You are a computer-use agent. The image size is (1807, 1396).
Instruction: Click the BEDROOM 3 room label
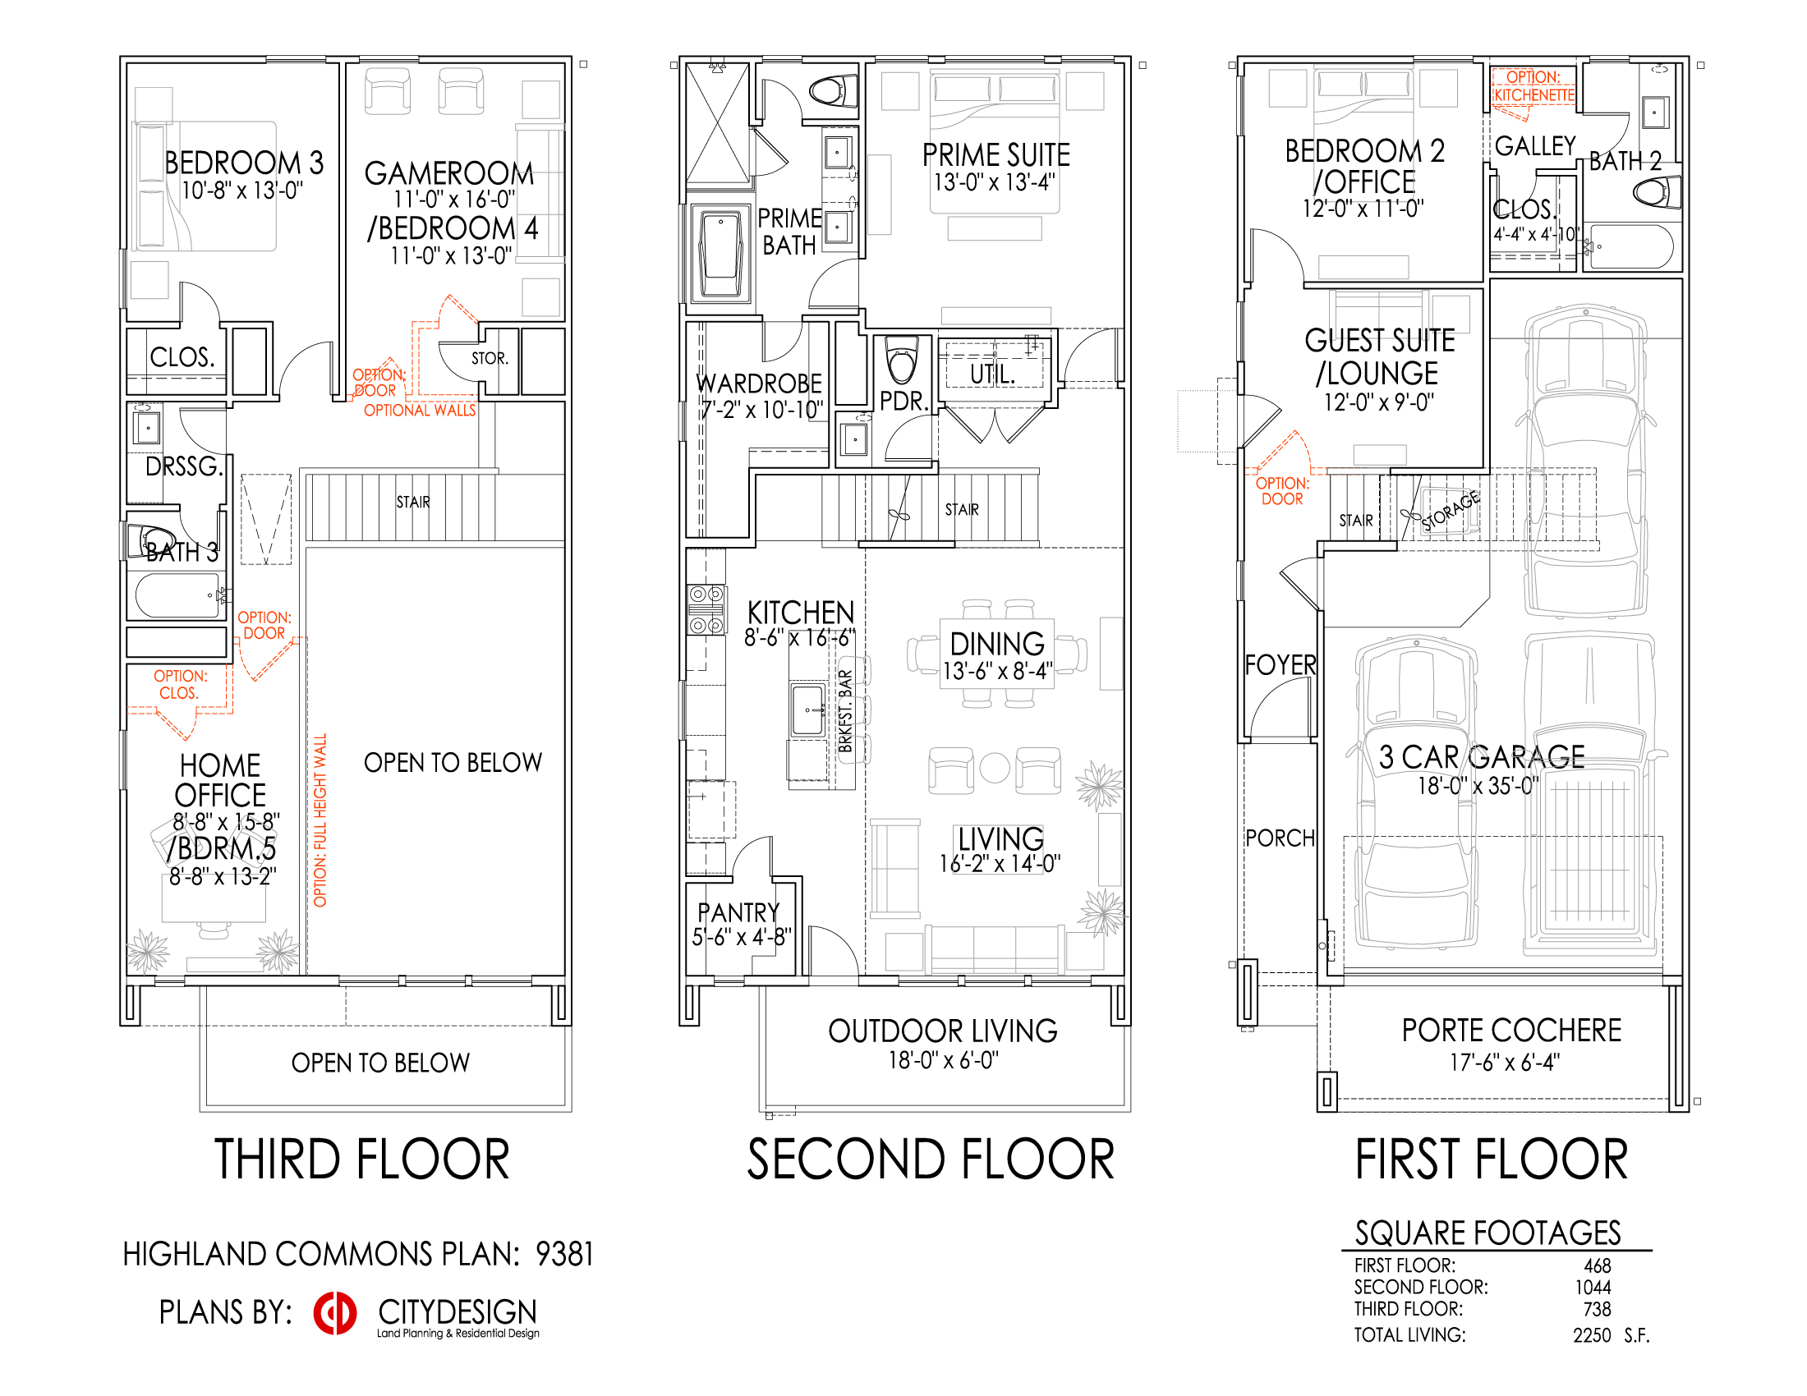(244, 163)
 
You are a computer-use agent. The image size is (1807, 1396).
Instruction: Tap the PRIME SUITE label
(996, 155)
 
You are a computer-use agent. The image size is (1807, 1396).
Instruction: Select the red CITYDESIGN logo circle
(335, 1313)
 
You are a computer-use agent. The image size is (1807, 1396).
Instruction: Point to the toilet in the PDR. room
(902, 357)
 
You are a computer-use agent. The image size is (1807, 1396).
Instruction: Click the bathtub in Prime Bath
(720, 254)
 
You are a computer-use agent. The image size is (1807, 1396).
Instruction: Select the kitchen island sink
(808, 709)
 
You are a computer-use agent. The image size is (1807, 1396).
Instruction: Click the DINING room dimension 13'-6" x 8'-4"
(998, 671)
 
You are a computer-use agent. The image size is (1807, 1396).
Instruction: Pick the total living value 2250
(1592, 1335)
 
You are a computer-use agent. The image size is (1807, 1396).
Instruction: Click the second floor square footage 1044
(1593, 1288)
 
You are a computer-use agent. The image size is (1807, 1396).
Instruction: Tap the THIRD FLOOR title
(362, 1160)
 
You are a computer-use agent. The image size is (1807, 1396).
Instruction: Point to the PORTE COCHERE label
(1511, 1031)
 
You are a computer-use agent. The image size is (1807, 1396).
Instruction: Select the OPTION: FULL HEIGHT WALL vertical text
(320, 820)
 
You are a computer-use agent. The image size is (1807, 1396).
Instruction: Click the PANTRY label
(739, 912)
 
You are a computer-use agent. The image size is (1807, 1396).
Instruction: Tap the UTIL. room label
(993, 374)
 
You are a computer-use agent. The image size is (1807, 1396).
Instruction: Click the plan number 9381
(564, 1255)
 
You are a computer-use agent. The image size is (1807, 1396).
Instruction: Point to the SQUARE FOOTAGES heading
(1487, 1233)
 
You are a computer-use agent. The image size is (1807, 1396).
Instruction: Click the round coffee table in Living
(995, 769)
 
